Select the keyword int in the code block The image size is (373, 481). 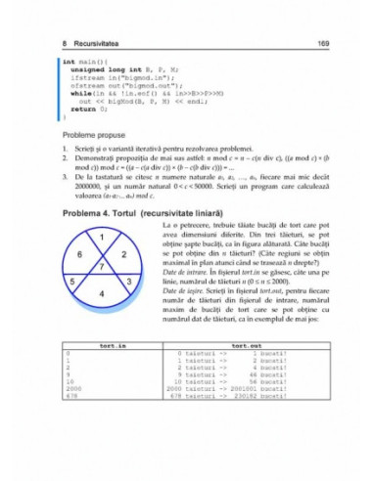68,62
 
